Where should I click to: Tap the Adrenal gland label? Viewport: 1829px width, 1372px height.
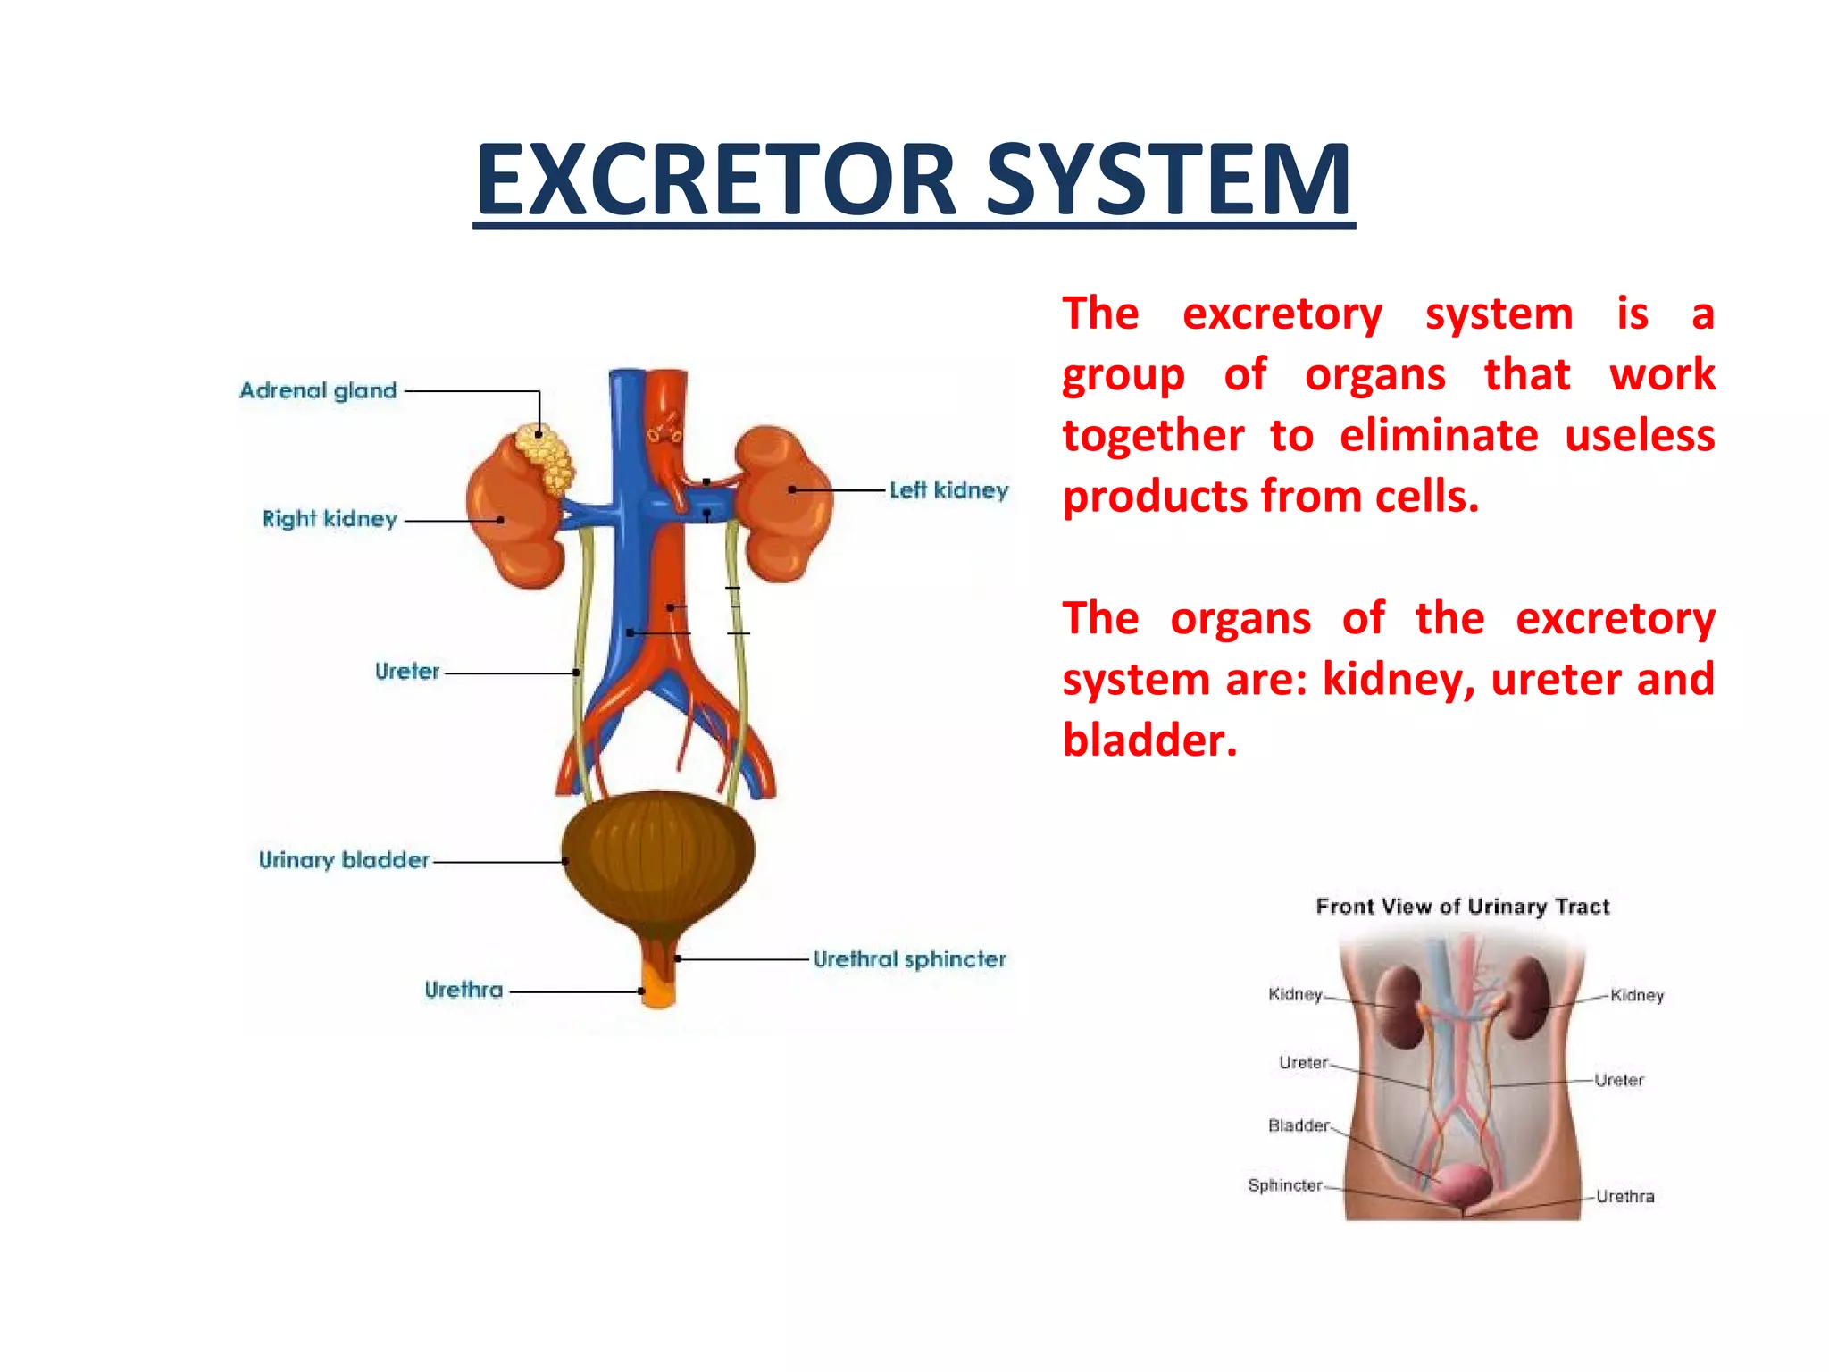318,390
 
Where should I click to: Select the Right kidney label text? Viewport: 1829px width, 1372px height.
330,519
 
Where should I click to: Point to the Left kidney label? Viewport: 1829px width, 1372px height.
948,489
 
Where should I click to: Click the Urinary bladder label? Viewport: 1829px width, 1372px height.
344,860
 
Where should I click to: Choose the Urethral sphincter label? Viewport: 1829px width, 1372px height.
909,959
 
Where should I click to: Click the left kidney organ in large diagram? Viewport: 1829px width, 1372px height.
786,505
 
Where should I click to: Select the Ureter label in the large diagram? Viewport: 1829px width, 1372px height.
407,672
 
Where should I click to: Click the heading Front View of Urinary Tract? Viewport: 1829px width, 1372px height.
1462,907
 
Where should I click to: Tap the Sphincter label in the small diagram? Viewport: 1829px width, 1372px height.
1284,1185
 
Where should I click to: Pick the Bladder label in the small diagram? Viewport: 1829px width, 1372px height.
1299,1125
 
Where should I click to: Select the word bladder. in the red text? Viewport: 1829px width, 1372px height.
1150,740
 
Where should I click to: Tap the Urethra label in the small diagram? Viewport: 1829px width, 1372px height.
1624,1197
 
